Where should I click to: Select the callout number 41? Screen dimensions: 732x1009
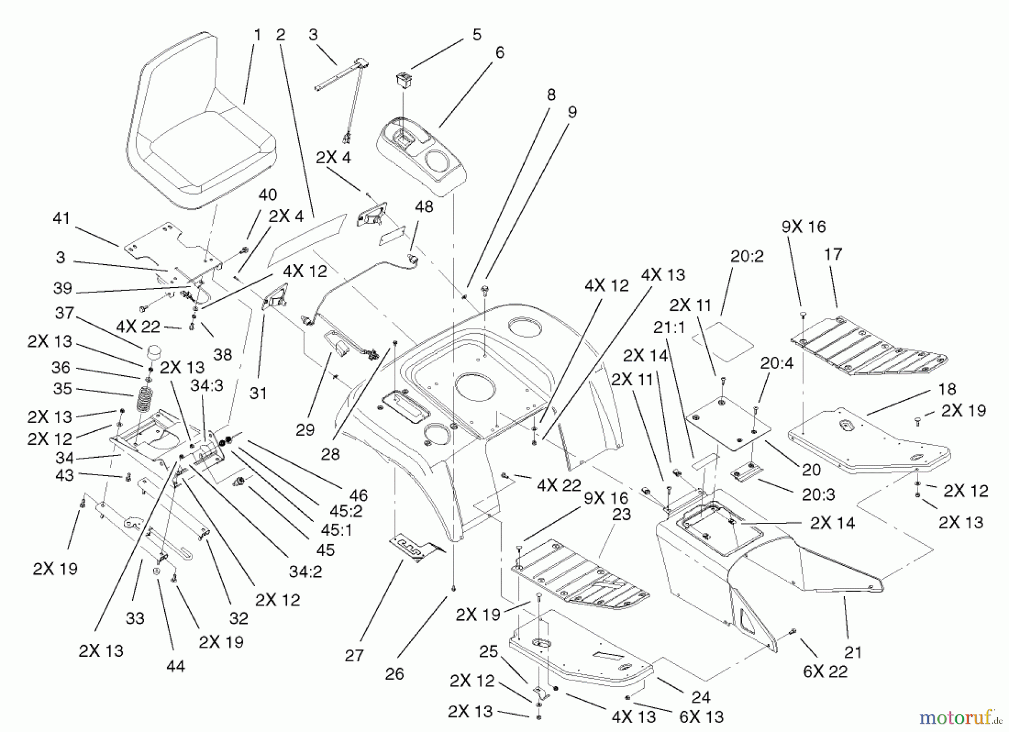coord(61,218)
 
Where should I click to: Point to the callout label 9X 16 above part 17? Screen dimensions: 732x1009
coord(803,227)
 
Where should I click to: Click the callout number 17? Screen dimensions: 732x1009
coord(833,255)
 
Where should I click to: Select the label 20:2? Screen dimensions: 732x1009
coord(747,256)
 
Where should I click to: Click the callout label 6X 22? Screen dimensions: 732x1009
coord(825,671)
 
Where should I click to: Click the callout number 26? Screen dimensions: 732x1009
coord(395,674)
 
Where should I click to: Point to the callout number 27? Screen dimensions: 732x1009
coord(354,655)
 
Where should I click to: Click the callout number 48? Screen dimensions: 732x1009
coord(424,206)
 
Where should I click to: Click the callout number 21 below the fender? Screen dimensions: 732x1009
coord(853,652)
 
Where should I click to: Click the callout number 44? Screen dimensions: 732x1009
coord(175,666)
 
